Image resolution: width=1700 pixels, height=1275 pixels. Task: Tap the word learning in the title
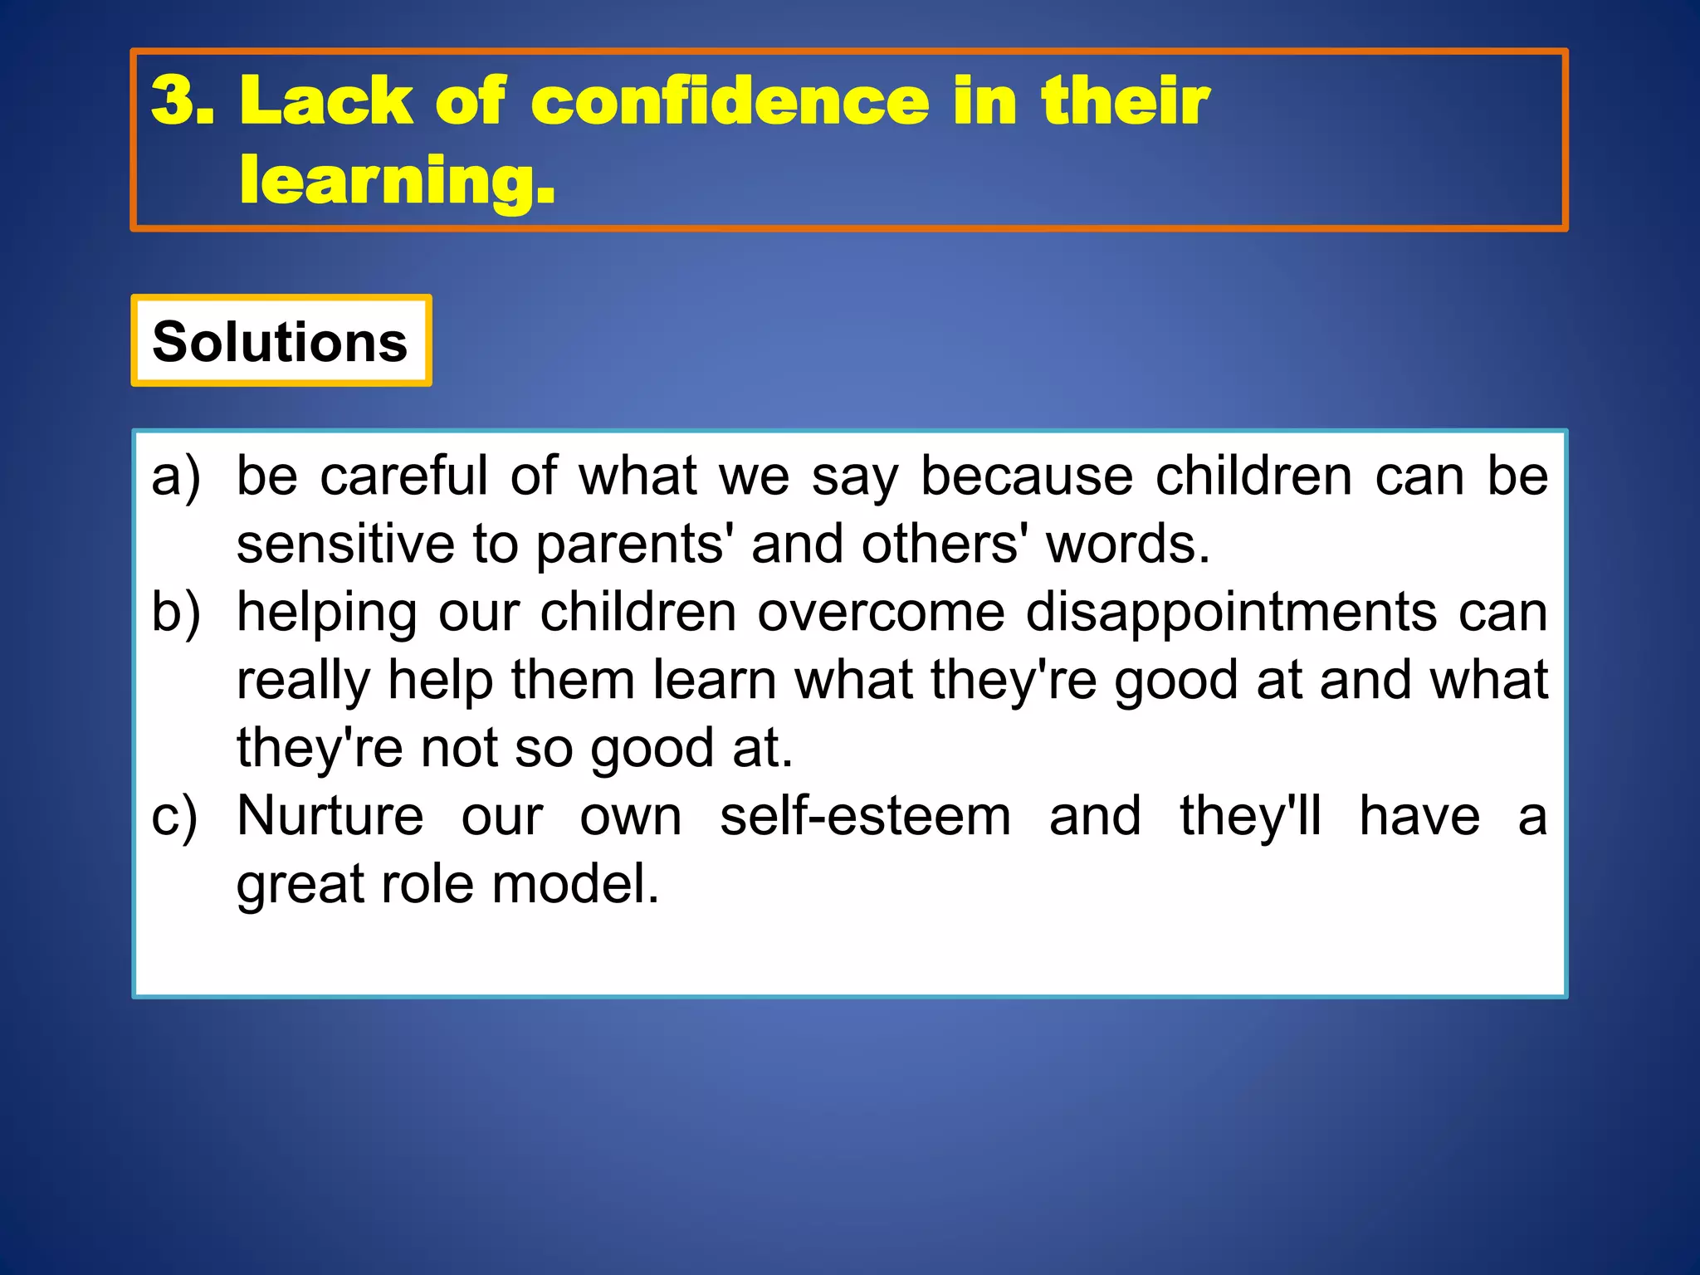(x=390, y=181)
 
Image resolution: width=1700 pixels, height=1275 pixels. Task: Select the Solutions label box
(x=281, y=341)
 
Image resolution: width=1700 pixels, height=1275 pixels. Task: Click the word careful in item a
(x=403, y=476)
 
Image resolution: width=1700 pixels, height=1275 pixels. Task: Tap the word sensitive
(x=344, y=545)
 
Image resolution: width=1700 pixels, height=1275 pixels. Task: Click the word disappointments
(x=1231, y=613)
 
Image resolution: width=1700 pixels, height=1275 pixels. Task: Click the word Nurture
(x=330, y=815)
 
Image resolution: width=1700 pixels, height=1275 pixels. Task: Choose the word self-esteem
(x=865, y=815)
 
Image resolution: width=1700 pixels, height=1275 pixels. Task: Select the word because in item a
(x=1027, y=476)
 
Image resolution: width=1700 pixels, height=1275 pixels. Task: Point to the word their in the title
(x=1125, y=101)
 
